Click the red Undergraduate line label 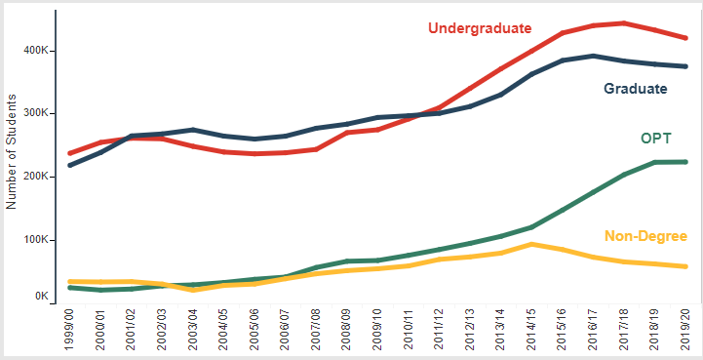coord(480,28)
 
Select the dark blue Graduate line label coord(636,89)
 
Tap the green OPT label coord(656,139)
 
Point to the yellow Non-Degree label coord(645,236)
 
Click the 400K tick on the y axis coord(35,51)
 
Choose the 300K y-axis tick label coord(35,113)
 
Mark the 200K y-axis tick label coord(35,177)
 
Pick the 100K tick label coord(35,240)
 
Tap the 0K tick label coord(40,297)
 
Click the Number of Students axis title coord(11,151)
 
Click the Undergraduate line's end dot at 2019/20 coord(685,38)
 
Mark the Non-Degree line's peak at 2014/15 coord(531,245)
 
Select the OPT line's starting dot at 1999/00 coord(70,287)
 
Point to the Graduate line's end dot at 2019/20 coord(685,66)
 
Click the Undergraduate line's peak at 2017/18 coord(624,23)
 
